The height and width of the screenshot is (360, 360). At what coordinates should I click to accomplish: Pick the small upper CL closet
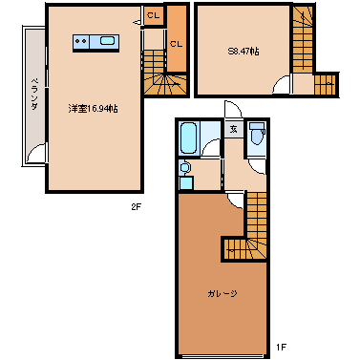click(153, 15)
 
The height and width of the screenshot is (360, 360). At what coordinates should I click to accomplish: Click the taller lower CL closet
click(176, 43)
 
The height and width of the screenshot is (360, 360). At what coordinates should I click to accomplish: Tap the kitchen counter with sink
click(94, 42)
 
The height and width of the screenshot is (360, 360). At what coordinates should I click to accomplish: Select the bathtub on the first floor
click(188, 138)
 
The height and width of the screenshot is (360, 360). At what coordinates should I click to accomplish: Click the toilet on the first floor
click(257, 139)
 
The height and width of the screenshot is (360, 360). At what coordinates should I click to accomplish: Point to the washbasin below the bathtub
click(184, 170)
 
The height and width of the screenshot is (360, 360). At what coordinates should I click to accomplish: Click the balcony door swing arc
click(37, 153)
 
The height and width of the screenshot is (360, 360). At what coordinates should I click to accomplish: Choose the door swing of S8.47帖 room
click(279, 85)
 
